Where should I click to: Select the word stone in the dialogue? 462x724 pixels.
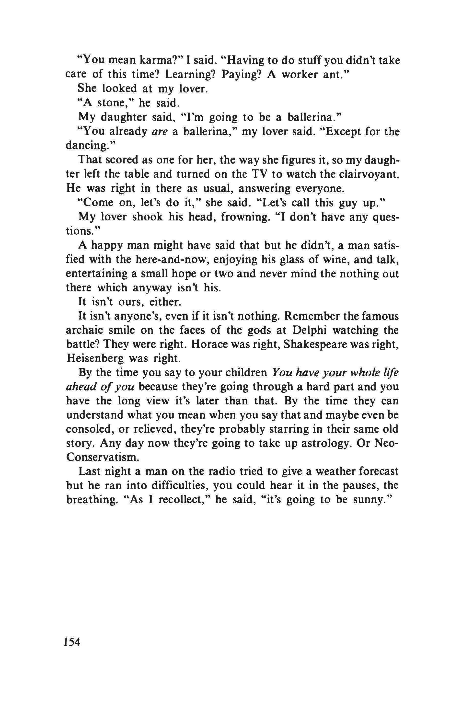point(113,103)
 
